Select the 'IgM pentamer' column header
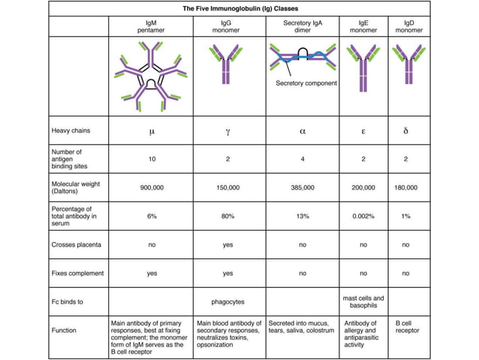(x=152, y=27)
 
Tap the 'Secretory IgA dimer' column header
(x=303, y=27)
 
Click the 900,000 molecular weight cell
(x=152, y=188)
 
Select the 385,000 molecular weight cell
(x=303, y=188)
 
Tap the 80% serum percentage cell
(x=228, y=216)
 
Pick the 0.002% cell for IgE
(x=363, y=216)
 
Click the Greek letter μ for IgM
(x=152, y=131)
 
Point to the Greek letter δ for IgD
(x=405, y=131)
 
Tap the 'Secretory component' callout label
(x=306, y=83)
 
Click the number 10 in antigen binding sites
(x=152, y=159)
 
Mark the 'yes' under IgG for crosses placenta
(x=228, y=245)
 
